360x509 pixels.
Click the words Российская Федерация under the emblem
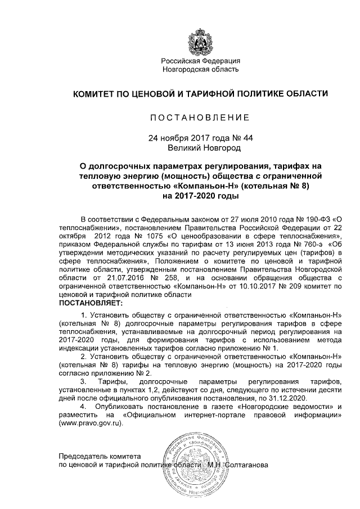[201, 61]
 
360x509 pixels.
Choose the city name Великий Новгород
[204, 148]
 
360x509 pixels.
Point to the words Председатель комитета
[101, 456]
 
